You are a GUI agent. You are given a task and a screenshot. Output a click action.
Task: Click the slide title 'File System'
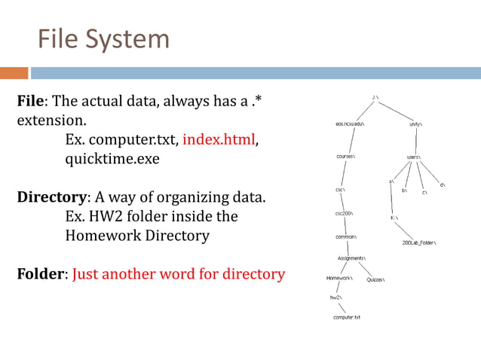(103, 38)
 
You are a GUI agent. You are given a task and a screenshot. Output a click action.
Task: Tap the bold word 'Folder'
(41, 274)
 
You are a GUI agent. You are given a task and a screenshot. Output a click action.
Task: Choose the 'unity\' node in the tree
(416, 124)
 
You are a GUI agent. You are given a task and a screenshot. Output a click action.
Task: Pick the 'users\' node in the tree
(413, 157)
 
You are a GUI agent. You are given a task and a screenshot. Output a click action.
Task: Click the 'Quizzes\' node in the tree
(375, 279)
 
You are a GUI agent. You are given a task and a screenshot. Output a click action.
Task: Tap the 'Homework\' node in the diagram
(339, 279)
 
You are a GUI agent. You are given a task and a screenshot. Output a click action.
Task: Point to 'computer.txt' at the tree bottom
(346, 318)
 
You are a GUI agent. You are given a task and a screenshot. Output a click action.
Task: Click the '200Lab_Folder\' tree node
(420, 243)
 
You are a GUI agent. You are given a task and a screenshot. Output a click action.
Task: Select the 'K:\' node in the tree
(394, 218)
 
